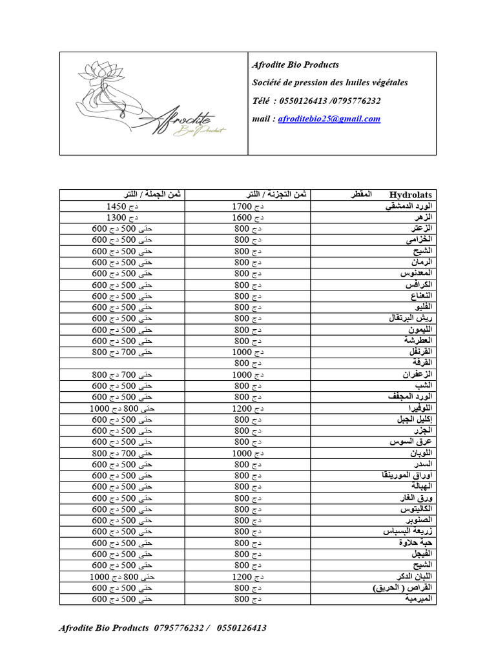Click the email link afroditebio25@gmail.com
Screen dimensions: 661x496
click(329, 119)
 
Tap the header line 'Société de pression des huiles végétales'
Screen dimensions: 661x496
click(329, 83)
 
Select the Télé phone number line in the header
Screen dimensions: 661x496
click(316, 101)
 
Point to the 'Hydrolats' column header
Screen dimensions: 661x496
click(411, 194)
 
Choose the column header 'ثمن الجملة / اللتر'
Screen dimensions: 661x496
click(144, 194)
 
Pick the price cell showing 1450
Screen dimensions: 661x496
click(122, 207)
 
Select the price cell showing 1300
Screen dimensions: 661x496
click(122, 218)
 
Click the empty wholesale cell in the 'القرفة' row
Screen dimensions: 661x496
click(122, 363)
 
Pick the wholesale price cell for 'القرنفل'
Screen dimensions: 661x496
click(122, 352)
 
